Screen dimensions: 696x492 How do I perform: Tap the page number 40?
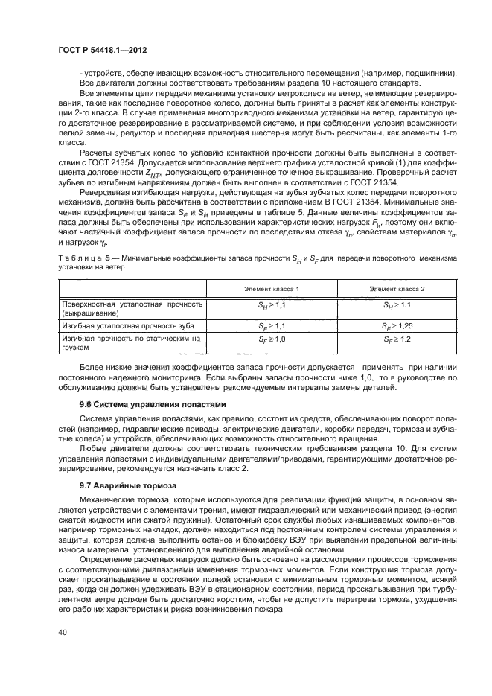coord(62,633)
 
